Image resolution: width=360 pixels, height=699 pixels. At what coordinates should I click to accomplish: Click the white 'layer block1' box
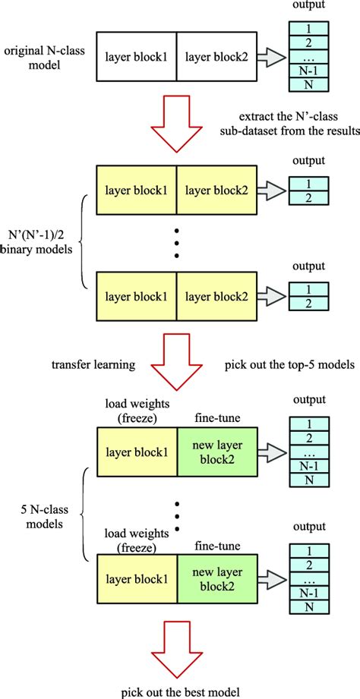coord(137,56)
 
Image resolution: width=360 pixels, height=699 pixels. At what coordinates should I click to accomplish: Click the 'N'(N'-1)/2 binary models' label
coord(38,243)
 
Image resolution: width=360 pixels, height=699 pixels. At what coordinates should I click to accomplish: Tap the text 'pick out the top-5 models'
coord(289,365)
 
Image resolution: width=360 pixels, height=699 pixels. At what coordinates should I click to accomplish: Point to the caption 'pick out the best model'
coord(178,691)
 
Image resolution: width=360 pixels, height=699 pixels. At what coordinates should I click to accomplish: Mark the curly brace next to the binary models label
coord(84,243)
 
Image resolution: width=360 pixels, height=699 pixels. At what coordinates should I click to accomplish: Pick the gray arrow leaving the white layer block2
coord(270,56)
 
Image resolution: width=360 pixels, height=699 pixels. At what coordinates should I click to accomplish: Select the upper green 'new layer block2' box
coord(216,454)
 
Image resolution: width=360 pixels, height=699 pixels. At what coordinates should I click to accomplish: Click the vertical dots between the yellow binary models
coord(177,243)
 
